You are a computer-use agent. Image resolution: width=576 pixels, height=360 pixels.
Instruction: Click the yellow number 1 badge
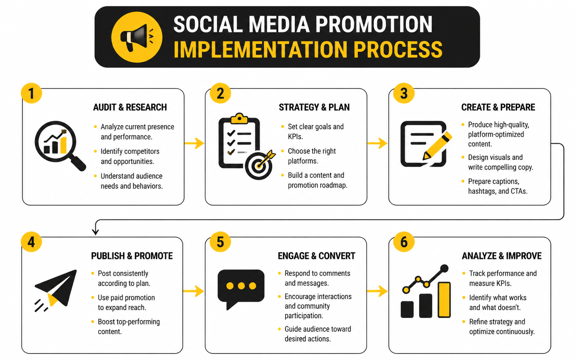coord(31,93)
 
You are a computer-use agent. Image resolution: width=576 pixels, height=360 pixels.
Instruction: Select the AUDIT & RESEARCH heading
coord(130,107)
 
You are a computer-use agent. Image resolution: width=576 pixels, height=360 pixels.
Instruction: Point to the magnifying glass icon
coord(60,146)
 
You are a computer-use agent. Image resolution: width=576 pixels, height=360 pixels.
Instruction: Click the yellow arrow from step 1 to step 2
coord(194,143)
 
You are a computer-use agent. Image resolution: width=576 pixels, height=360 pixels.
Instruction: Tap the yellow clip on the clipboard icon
coord(239,118)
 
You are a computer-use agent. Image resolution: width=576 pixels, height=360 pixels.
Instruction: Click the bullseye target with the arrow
coord(260,164)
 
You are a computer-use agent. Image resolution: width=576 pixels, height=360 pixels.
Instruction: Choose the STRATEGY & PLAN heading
coord(314,107)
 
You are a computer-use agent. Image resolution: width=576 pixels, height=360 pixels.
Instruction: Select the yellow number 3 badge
coord(404,93)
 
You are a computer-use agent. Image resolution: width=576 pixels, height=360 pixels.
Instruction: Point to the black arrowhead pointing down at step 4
coord(96,232)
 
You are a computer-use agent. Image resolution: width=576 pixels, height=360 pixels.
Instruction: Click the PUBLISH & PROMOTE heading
coord(132,256)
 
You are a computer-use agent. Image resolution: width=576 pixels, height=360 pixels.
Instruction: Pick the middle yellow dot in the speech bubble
coord(241,286)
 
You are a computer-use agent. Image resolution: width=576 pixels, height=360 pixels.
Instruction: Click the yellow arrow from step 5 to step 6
coord(377,291)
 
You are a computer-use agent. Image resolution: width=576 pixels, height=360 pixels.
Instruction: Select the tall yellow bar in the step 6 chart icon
coord(444,300)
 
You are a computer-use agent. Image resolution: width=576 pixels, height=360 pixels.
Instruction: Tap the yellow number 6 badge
coord(404,242)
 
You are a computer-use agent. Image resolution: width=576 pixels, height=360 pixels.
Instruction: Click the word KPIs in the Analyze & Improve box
coord(503,283)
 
